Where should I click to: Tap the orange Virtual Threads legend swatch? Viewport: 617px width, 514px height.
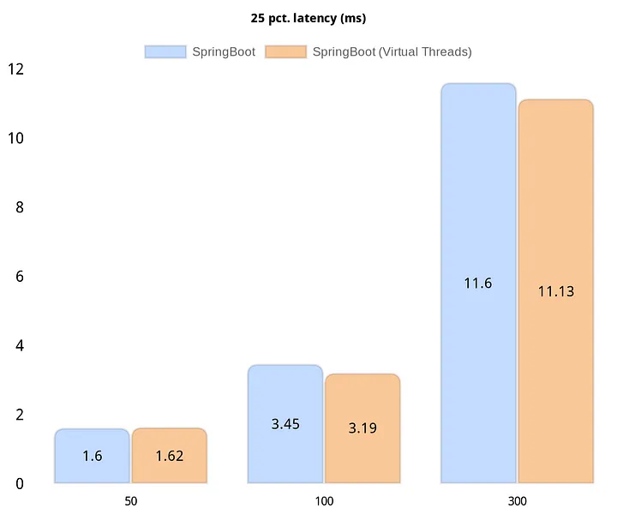coord(286,51)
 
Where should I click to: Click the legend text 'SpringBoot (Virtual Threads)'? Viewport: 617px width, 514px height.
coord(392,51)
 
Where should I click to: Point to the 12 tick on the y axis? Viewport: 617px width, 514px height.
coord(16,69)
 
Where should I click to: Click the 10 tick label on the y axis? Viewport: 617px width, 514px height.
coord(16,138)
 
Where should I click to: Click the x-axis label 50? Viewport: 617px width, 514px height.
coord(130,500)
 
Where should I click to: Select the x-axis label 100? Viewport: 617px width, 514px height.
coord(323,500)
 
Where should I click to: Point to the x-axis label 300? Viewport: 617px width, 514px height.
coord(517,500)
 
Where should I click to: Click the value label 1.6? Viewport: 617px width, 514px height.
coord(93,457)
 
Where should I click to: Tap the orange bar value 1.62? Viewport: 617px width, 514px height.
coord(169,457)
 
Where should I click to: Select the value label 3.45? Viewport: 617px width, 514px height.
coord(285,424)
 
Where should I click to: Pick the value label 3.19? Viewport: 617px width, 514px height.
coord(362,427)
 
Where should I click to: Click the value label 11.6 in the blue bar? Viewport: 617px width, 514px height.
coord(478,283)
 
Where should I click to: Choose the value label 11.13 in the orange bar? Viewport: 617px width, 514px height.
coord(555,291)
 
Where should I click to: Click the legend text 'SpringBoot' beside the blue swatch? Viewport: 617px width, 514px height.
coord(224,51)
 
